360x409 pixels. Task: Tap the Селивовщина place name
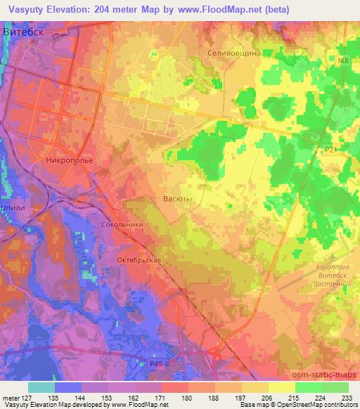point(235,53)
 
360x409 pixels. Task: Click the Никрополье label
point(68,160)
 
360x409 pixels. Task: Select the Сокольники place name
point(123,224)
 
